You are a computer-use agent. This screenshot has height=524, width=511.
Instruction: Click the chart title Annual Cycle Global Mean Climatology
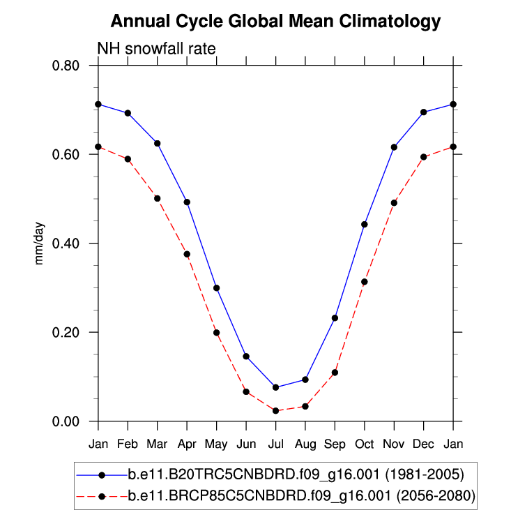point(276,22)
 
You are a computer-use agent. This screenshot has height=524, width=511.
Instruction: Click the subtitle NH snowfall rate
point(155,48)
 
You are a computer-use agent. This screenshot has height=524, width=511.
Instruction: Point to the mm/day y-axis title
point(40,244)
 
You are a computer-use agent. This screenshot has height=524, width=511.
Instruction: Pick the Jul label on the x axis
point(275,444)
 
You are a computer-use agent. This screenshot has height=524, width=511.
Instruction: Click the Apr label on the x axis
point(187,444)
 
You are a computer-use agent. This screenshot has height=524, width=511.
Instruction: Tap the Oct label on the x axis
point(364,444)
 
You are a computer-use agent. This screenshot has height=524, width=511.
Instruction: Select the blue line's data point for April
point(187,202)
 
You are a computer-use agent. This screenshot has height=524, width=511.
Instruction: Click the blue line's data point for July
point(275,387)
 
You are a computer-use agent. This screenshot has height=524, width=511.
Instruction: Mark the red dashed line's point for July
point(275,411)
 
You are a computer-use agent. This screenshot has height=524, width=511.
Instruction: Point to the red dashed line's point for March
point(158,198)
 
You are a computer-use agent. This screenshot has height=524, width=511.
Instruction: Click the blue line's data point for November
point(394,147)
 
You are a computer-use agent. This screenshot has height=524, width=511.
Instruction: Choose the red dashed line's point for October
point(364,282)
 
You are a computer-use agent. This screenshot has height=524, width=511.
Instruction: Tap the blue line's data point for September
point(335,318)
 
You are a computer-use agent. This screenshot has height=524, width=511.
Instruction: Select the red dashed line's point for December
point(423,157)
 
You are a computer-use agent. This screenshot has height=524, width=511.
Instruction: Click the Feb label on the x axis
point(128,444)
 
